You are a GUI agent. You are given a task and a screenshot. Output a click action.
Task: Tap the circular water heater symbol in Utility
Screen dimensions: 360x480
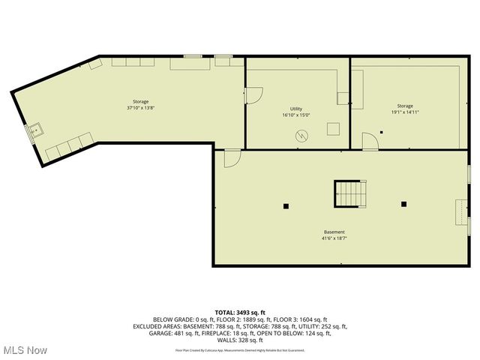[x=301, y=136]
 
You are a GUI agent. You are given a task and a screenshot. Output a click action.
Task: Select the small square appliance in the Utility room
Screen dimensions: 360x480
[x=333, y=129]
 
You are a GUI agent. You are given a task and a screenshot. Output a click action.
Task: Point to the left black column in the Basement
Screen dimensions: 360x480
[x=285, y=205]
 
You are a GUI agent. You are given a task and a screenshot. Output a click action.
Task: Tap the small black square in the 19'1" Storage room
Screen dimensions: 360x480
[x=381, y=132]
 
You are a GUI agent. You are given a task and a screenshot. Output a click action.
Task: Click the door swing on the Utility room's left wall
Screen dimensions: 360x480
[x=253, y=95]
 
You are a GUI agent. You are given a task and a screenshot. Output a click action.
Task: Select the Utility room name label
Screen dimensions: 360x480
[x=295, y=109]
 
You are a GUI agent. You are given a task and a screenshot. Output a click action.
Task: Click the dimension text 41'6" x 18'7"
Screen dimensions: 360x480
[x=334, y=238]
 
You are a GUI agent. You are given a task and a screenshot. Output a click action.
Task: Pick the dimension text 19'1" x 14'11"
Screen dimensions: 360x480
[x=404, y=112]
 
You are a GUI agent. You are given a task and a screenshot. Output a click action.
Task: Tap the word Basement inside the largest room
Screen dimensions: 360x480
[x=334, y=232]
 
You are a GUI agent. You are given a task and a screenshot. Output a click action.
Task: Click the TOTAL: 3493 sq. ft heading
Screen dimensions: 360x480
[x=240, y=312]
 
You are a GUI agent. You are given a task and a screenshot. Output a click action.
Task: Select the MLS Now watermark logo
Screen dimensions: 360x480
[x=24, y=350]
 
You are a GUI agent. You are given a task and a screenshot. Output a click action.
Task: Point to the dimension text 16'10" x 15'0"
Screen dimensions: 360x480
[x=295, y=115]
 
